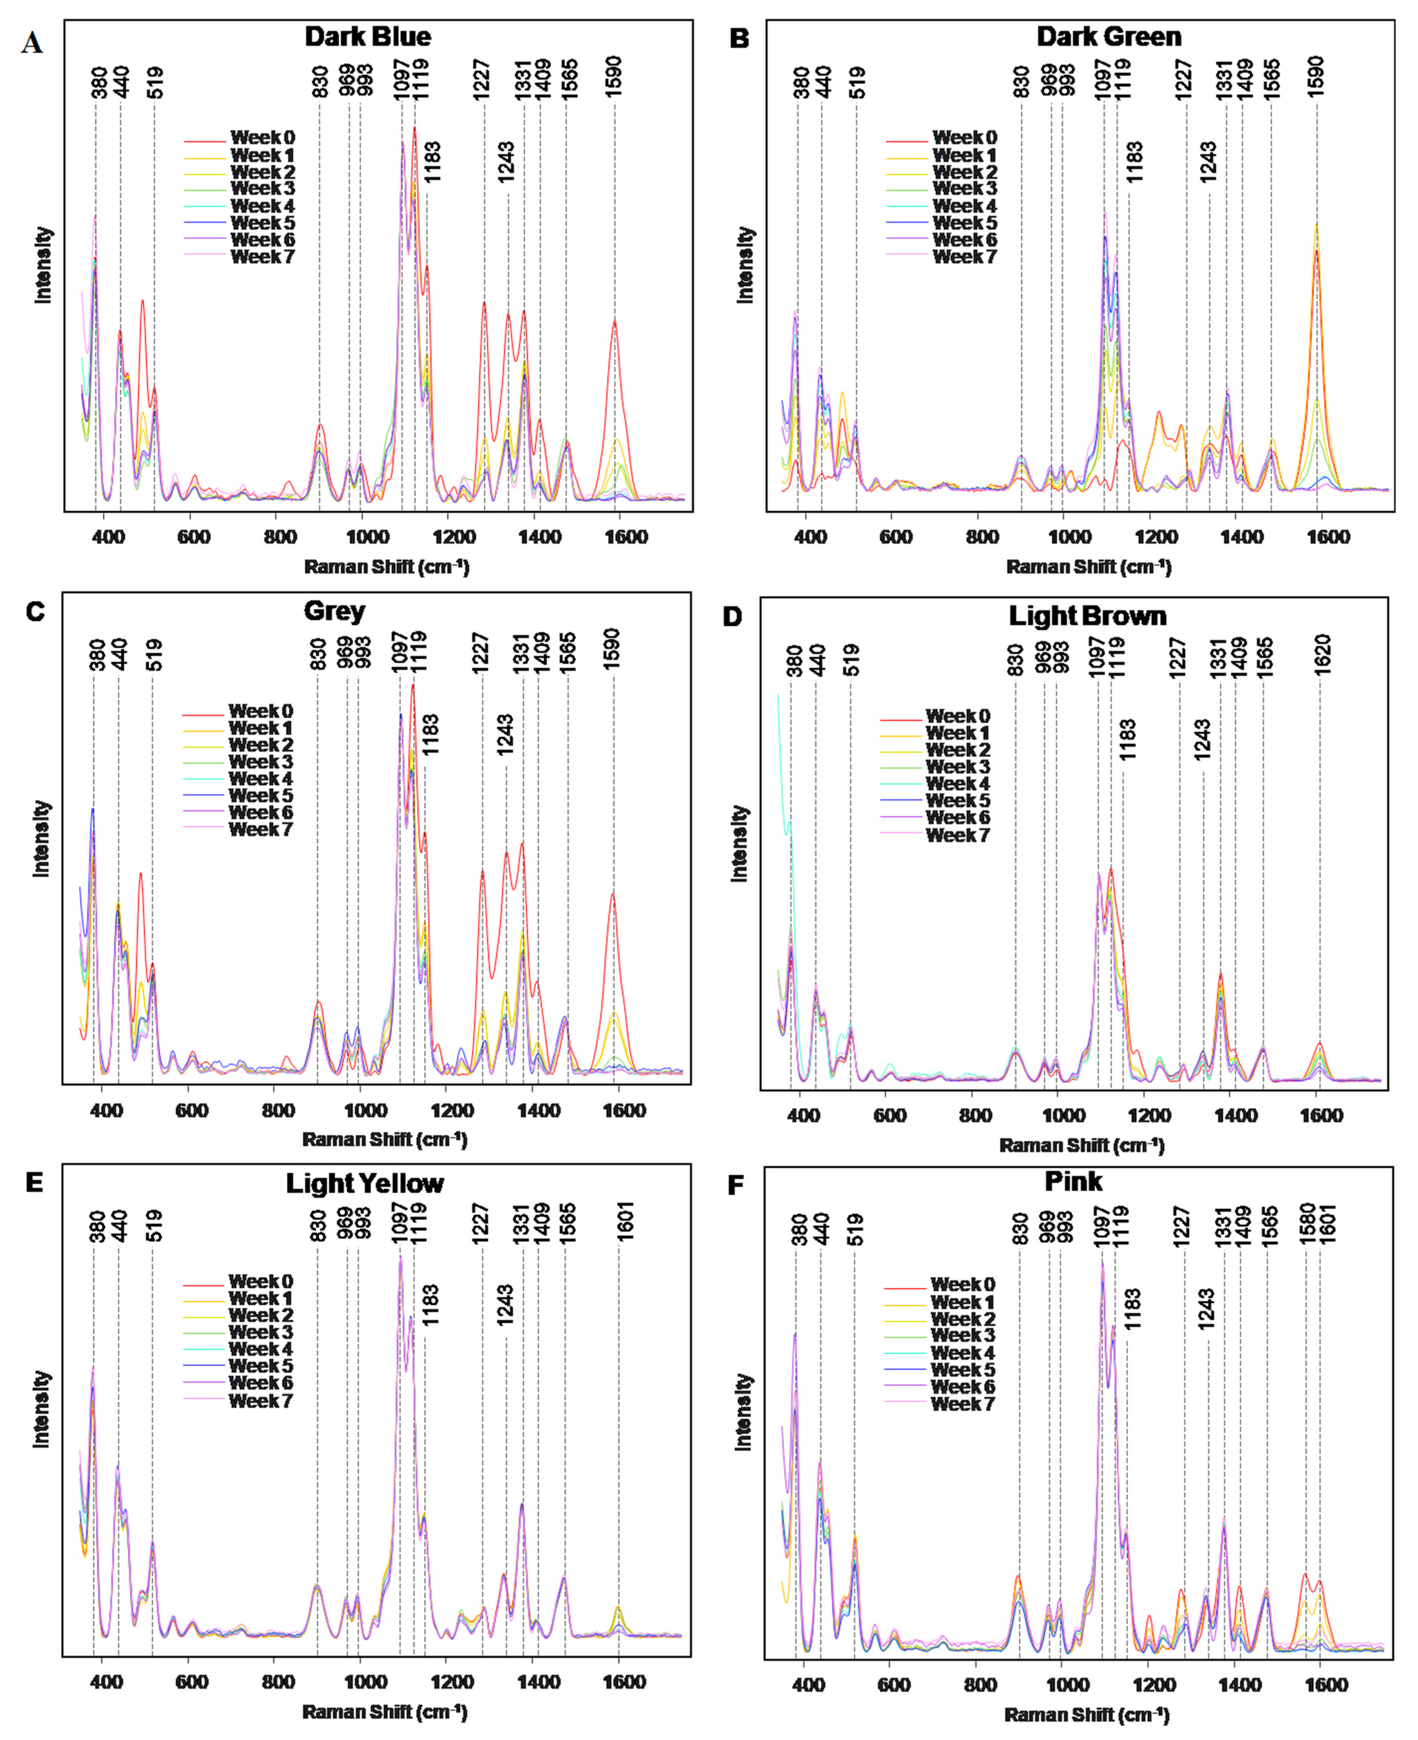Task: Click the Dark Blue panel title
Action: pos(368,37)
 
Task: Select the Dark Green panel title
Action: pos(1108,37)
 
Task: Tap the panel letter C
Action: pos(35,612)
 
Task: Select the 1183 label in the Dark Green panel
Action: pos(1135,162)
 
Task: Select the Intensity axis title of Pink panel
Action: pos(743,1412)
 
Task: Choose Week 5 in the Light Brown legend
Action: pos(957,800)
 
